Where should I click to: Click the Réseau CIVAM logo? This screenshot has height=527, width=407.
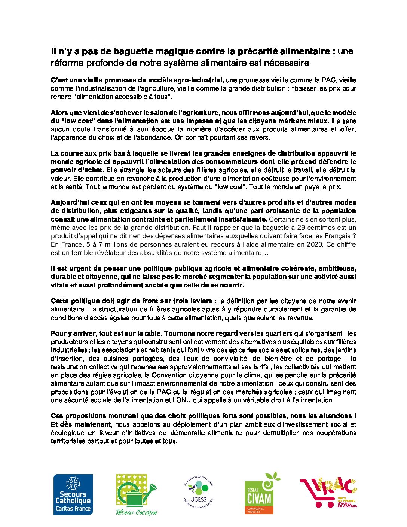261,493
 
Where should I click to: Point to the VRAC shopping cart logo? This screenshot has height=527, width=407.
328,493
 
